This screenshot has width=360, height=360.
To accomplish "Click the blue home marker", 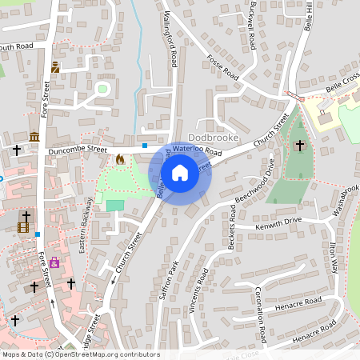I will point(180,173).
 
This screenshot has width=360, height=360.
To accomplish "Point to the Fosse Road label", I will point(223,65).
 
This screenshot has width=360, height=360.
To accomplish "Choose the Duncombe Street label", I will point(77,150).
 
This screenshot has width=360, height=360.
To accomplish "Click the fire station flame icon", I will point(120,159).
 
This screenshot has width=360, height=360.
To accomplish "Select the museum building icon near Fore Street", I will point(34,138).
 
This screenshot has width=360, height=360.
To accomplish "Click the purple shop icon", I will point(54,262).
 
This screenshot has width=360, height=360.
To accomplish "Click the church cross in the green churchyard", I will point(300,146).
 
